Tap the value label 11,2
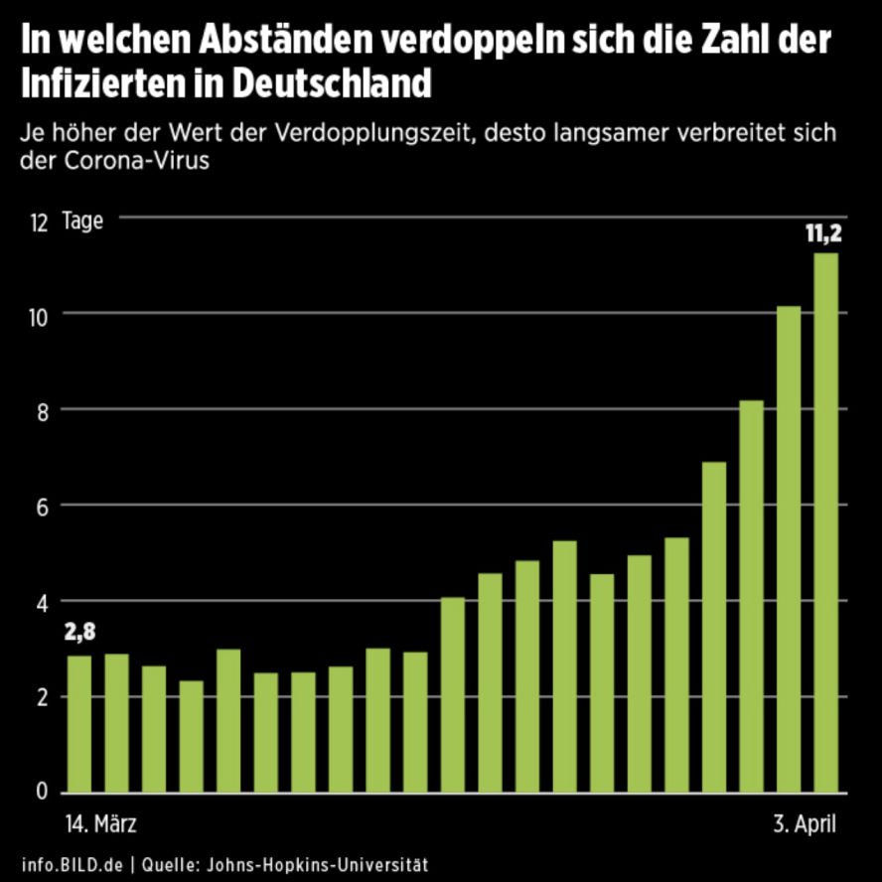(x=823, y=235)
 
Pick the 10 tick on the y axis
(x=39, y=315)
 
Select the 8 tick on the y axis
(x=41, y=410)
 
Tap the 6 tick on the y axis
(x=41, y=506)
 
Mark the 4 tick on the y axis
(x=41, y=601)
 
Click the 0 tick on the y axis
(x=41, y=792)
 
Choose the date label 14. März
(x=100, y=824)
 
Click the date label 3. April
(x=805, y=824)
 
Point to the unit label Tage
(x=82, y=220)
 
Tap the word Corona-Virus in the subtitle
(x=114, y=161)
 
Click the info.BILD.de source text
(x=72, y=864)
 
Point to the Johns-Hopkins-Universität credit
(x=319, y=864)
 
